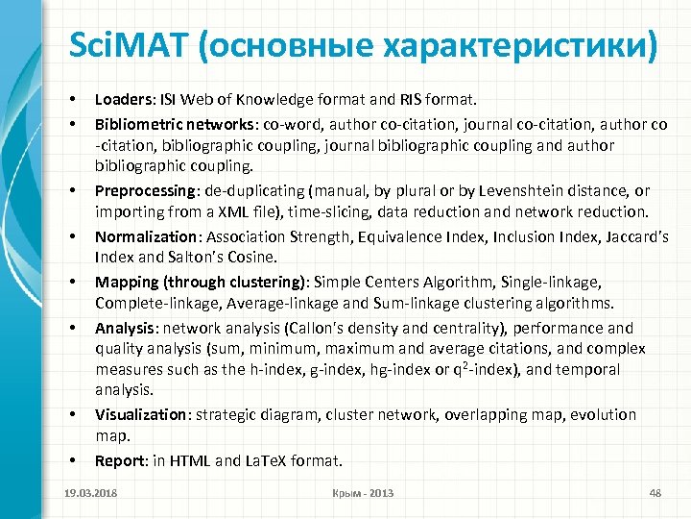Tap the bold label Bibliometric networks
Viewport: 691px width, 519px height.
pos(169,125)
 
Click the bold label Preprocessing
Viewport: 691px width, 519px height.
pos(143,191)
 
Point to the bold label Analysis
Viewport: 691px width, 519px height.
pos(122,328)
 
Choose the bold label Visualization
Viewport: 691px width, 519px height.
pos(139,414)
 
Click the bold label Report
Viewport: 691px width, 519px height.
pos(117,460)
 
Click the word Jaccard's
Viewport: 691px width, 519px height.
pos(635,236)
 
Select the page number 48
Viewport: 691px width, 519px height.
pos(656,493)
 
